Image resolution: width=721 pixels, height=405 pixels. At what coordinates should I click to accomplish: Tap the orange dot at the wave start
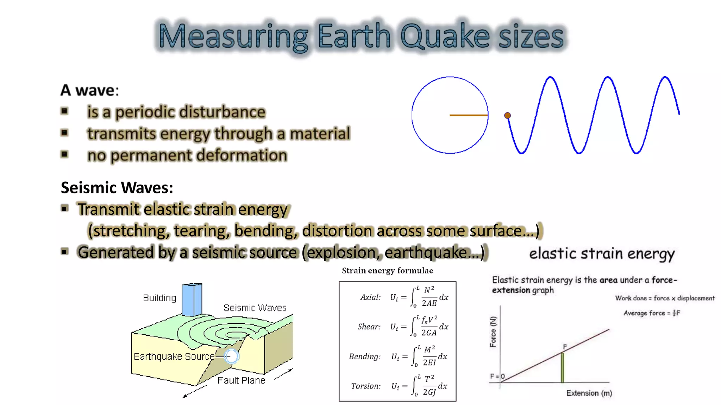point(507,115)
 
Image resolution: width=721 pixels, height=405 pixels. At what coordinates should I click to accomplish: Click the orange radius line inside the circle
point(469,115)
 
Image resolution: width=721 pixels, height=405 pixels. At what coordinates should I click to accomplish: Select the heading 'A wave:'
point(90,90)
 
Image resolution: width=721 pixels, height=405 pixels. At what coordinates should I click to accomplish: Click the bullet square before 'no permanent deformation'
point(64,154)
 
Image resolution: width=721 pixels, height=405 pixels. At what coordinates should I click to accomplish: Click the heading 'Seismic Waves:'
point(117,187)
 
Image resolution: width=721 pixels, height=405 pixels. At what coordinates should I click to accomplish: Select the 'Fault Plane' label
point(241,380)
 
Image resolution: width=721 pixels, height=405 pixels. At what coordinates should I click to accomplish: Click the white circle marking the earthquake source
point(232,356)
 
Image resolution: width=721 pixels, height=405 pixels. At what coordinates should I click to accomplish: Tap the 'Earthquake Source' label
point(174,356)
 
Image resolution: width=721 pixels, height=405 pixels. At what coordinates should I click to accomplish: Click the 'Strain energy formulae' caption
point(387,271)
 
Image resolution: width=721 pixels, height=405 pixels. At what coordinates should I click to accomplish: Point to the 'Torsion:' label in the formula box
point(366,386)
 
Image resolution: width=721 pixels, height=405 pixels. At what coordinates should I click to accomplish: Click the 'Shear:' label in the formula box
point(369,327)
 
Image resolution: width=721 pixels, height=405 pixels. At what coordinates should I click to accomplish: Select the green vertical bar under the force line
point(562,367)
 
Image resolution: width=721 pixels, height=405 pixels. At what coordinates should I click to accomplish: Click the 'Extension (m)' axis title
point(589,393)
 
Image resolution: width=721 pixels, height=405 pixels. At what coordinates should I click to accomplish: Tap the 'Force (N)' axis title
point(493,332)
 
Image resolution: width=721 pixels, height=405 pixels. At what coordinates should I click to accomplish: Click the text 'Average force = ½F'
point(651,313)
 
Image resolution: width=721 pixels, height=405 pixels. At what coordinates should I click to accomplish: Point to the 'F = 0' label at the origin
point(497,376)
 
